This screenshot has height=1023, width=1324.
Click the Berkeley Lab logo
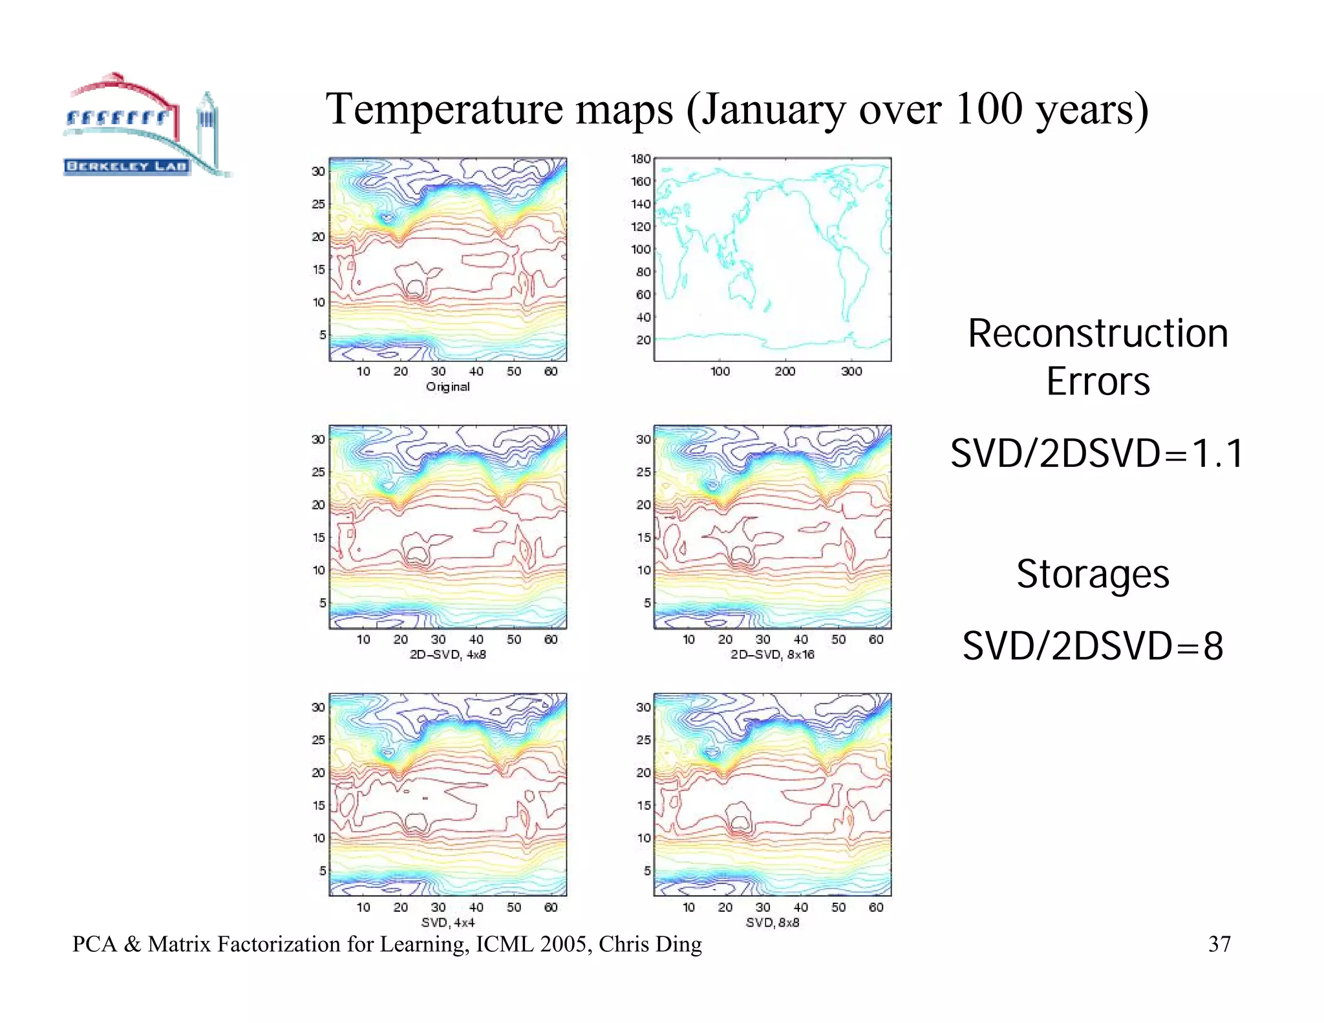pos(145,126)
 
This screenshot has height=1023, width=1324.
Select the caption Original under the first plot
pos(447,387)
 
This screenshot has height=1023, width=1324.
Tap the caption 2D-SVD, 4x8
pos(447,654)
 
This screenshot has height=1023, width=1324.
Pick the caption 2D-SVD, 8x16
pos(772,654)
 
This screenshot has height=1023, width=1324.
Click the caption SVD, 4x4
pos(447,922)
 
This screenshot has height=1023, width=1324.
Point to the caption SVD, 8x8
pos(772,922)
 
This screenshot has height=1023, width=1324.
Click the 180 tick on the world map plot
pos(640,159)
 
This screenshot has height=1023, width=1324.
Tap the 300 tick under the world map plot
pos(851,371)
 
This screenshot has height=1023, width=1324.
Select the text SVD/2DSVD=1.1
pos(1097,453)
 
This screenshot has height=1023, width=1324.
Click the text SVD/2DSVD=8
pos(1093,646)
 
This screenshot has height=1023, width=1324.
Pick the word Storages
pos(1093,574)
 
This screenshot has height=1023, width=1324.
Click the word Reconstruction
pos(1098,334)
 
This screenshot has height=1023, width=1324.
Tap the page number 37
pos(1219,944)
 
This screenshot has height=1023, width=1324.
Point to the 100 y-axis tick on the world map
pos(640,250)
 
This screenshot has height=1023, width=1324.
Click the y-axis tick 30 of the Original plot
pos(318,171)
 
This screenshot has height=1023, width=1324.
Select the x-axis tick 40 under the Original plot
pos(476,371)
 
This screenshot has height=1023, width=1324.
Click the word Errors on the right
pos(1098,382)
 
